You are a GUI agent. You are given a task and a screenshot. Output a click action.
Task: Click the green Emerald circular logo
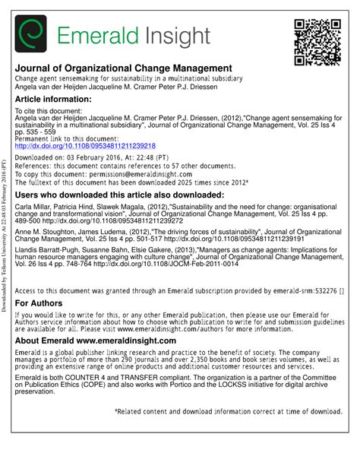click(x=30, y=34)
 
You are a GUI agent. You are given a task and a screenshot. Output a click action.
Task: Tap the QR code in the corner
click(x=317, y=42)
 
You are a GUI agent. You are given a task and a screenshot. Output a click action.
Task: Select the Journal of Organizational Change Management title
click(x=124, y=68)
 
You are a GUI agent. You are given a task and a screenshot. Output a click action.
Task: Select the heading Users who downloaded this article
click(x=119, y=195)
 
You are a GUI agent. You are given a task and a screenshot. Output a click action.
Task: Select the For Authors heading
click(x=41, y=303)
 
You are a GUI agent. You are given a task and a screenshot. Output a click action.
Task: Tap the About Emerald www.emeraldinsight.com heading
click(x=96, y=341)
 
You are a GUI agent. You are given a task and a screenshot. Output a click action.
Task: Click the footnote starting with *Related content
click(x=229, y=411)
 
